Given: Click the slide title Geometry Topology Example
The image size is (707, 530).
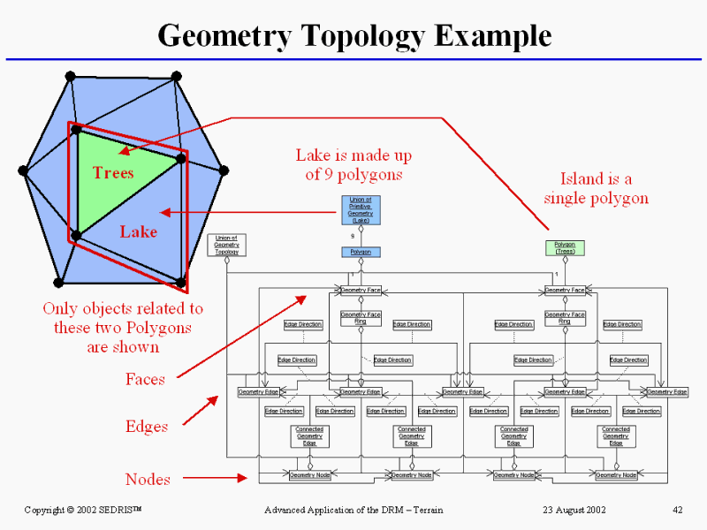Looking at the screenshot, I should tap(354, 35).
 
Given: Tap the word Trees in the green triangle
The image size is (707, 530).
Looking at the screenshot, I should tap(113, 172).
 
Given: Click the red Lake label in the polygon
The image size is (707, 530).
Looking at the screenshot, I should tap(138, 231).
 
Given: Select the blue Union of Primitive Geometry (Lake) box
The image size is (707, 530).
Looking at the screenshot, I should tap(361, 209).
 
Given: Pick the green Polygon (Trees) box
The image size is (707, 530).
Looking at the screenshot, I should tap(565, 247).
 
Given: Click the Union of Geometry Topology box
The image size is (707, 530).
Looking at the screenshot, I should tap(226, 245).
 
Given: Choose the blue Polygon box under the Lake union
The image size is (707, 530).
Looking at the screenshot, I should tap(361, 252).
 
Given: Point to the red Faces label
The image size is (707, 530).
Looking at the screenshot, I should tap(145, 379).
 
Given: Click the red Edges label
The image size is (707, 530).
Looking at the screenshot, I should tap(146, 427).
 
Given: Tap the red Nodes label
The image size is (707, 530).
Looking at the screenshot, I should tap(148, 479).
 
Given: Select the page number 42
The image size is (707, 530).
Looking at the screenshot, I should tap(678, 510).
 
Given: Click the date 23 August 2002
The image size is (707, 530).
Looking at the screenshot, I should tap(574, 510).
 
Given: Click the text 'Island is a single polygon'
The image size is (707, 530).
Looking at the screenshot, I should tap(596, 189).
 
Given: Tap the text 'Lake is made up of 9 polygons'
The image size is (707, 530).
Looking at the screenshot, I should tap(353, 165).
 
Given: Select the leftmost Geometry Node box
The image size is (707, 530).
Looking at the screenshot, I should tap(309, 475).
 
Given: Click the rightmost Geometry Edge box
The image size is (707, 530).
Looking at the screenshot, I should tap(667, 391).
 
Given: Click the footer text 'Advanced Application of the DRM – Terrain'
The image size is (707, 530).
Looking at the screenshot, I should tap(353, 510).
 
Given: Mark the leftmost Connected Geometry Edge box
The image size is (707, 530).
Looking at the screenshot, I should tap(309, 435).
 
